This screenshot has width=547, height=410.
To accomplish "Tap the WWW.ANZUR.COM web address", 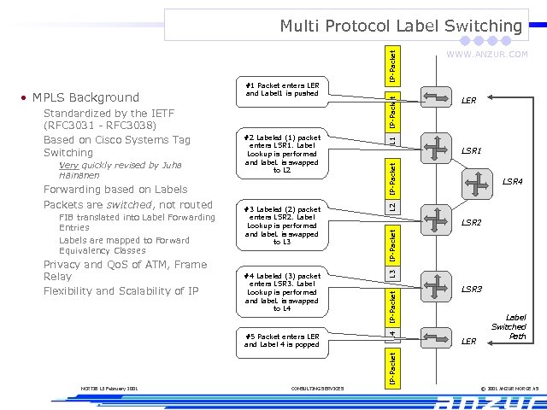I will tap(488, 55).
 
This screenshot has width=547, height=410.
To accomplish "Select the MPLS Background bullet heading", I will tap(85, 97).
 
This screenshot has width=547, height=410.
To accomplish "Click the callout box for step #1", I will tap(282, 90).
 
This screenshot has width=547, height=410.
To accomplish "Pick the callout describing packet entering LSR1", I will tap(282, 153).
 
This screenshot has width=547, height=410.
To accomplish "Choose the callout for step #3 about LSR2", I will tap(282, 225).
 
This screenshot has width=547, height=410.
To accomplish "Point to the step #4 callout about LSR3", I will tap(282, 292).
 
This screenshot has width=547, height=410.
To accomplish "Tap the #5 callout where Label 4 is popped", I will tap(282, 341).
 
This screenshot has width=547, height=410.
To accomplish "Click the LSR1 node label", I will tap(472, 150).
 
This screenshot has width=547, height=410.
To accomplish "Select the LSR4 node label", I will tap(512, 181).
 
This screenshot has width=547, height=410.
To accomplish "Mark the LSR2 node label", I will tap(472, 222).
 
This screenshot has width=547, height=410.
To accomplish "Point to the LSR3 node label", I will tap(472, 290).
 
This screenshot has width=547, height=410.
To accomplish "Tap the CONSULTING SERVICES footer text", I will tap(317, 389).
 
